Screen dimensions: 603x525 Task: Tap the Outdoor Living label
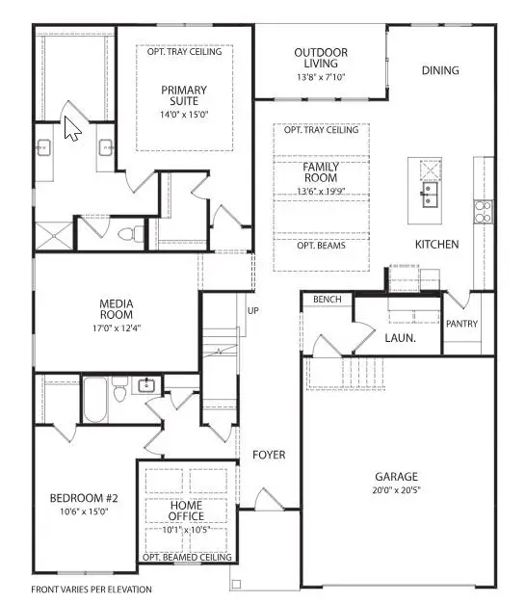[x=321, y=59]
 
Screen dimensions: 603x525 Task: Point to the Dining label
[x=439, y=70]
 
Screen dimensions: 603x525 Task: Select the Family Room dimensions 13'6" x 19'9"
[x=321, y=191]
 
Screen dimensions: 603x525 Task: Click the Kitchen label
[x=436, y=245]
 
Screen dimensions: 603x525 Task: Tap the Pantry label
[x=461, y=324]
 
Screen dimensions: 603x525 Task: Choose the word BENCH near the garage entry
[x=327, y=301]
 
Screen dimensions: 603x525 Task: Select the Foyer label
[x=269, y=454]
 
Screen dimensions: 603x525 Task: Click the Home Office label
[x=187, y=510]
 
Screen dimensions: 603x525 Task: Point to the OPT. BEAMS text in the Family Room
[x=321, y=246]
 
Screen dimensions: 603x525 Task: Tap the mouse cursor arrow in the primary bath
[x=71, y=127]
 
